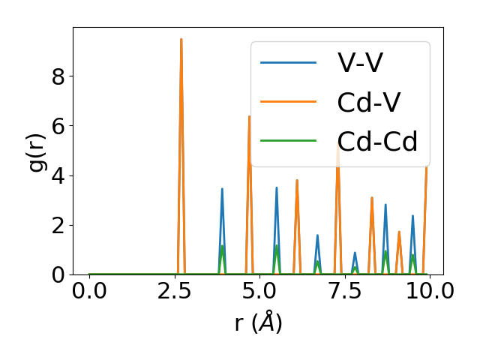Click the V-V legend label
[x=361, y=63]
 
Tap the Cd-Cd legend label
[x=377, y=141]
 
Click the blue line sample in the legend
[x=289, y=62]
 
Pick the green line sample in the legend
[x=289, y=140]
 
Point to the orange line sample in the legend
[x=289, y=101]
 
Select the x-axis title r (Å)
[x=258, y=322]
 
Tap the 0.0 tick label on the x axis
[x=89, y=292]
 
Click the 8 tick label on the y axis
[x=58, y=76]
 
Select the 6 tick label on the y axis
[x=58, y=126]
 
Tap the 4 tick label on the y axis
[x=58, y=175]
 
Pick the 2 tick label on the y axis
[x=58, y=225]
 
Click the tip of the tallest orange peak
[x=181, y=39]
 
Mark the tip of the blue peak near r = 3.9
[x=222, y=189]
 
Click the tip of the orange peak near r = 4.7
[x=250, y=116]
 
